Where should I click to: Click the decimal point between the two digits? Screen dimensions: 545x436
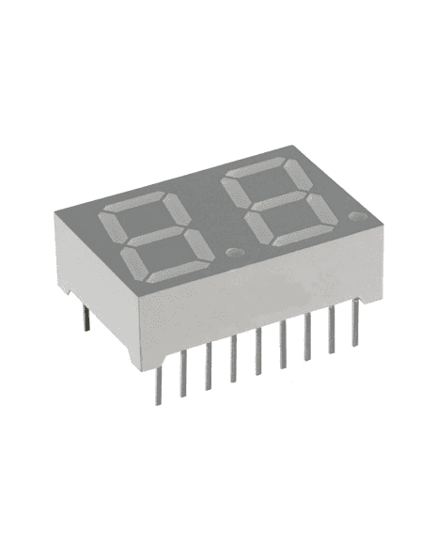click(231, 252)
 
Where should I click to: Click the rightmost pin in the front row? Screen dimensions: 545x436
click(355, 322)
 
